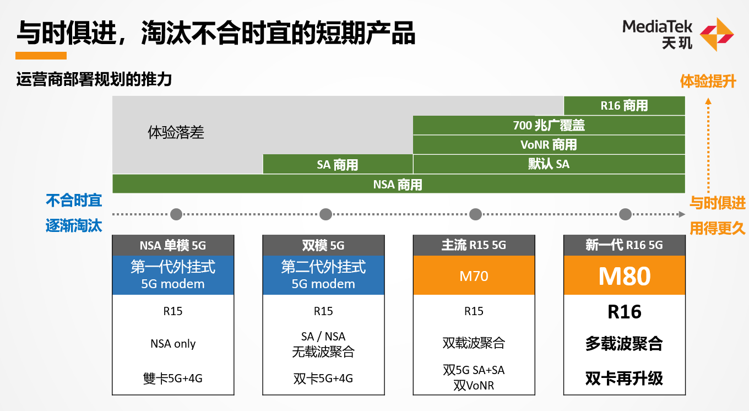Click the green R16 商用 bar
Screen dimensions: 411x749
click(x=624, y=105)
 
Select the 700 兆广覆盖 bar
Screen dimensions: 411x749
click(x=549, y=125)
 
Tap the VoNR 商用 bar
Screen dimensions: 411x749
click(x=549, y=144)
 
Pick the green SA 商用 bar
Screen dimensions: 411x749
click(x=338, y=164)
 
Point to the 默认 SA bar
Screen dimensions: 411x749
click(x=549, y=164)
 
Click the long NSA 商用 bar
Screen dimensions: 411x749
click(x=398, y=184)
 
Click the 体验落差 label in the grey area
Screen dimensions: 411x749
click(x=176, y=132)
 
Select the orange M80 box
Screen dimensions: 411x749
click(x=624, y=275)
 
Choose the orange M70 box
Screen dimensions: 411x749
click(x=474, y=275)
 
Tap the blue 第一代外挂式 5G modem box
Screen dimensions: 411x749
click(x=173, y=275)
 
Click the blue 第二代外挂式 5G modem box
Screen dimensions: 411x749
click(x=323, y=275)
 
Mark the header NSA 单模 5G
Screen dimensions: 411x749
click(x=173, y=245)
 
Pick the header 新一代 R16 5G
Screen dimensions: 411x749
click(x=624, y=245)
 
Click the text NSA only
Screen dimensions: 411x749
click(x=173, y=344)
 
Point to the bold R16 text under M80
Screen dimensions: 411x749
click(x=624, y=312)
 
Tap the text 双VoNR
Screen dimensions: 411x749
click(x=474, y=385)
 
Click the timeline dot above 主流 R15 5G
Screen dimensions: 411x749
click(x=475, y=214)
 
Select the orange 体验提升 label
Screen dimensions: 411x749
click(x=708, y=82)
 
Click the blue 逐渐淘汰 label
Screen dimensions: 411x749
click(x=74, y=226)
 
